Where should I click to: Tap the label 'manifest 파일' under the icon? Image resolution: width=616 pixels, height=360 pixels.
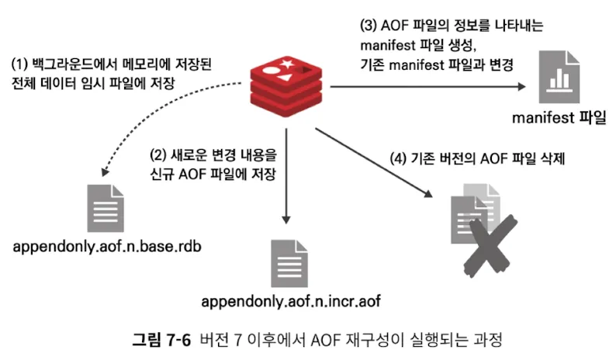pyautogui.click(x=558, y=118)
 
